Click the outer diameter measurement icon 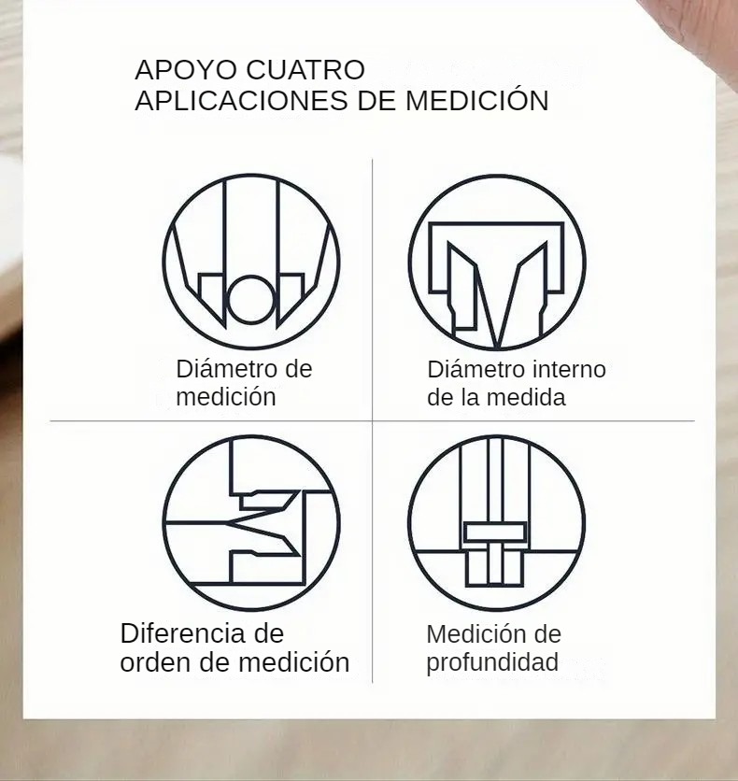point(251,263)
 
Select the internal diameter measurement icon point(497,263)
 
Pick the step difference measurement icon point(251,524)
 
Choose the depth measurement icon point(497,524)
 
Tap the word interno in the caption point(569,369)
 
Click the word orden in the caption point(157,663)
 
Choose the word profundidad point(492,663)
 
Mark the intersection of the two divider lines point(373,421)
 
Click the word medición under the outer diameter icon point(226,397)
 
